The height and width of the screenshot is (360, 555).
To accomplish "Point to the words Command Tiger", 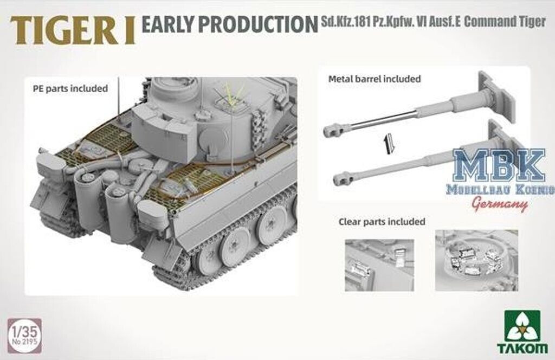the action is [x=505, y=23].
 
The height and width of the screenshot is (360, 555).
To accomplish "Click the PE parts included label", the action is [x=68, y=88].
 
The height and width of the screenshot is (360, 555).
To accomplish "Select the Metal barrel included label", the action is [x=375, y=79].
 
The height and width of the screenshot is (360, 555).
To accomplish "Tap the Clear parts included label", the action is [x=382, y=221].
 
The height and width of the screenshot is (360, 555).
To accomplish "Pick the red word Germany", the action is [x=500, y=204].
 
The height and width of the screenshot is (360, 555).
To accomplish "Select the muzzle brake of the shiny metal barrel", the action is [x=332, y=130].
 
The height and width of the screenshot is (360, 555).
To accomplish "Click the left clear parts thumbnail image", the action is [x=379, y=265].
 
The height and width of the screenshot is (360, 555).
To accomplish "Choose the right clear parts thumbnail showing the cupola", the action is [x=476, y=260].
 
